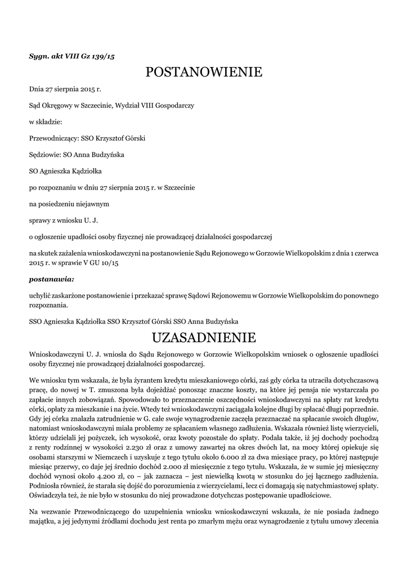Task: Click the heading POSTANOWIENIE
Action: click(204, 73)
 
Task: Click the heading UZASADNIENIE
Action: click(204, 338)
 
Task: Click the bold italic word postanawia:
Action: click(51, 278)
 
